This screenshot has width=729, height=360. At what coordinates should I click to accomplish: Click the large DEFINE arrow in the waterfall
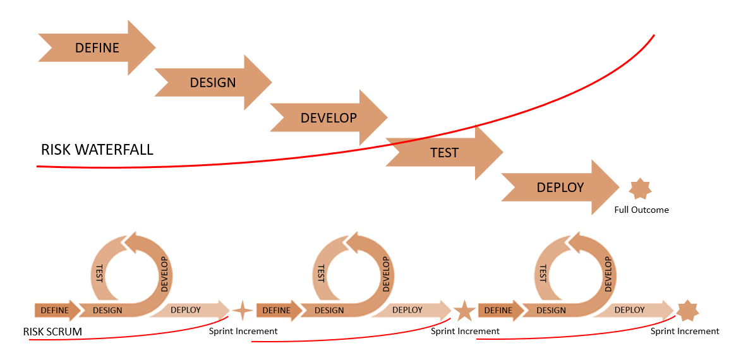97,48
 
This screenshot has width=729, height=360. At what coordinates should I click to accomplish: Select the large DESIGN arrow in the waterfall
213,83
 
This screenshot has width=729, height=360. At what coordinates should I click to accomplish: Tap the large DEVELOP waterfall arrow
328,118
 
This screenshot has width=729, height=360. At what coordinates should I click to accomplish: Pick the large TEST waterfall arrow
444,153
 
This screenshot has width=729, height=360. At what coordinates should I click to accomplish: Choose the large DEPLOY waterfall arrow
560,188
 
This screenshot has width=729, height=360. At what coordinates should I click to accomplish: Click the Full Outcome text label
641,210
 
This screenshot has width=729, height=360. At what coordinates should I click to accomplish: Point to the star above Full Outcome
641,189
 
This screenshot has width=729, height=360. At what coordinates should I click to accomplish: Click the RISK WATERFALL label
97,150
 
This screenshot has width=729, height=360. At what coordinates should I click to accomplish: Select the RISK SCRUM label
52,332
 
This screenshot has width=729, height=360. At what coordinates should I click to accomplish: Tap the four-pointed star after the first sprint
242,311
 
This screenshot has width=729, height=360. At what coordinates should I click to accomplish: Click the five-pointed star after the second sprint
464,311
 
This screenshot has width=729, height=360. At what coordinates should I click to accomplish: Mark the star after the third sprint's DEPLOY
687,311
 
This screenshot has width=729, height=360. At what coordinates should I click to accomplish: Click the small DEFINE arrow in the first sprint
56,311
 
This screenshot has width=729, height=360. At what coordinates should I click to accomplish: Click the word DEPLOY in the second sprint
407,310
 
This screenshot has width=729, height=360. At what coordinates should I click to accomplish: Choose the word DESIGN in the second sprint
329,311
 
